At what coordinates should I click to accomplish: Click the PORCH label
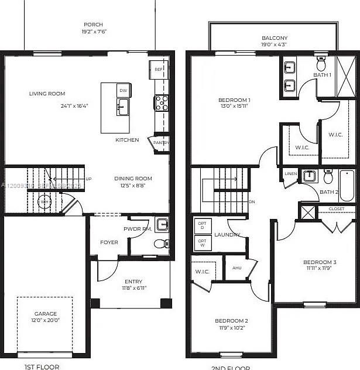(x=93, y=25)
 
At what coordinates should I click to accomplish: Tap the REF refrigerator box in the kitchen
(x=159, y=69)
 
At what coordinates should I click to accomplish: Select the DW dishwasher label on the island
(x=123, y=91)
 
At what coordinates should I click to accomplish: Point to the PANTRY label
(x=161, y=142)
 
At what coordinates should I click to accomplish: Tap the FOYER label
(x=109, y=242)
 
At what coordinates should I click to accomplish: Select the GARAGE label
(x=45, y=314)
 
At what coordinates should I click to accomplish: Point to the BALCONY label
(x=275, y=38)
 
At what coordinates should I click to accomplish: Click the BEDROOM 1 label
(x=234, y=100)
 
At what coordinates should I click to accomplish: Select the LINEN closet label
(x=291, y=174)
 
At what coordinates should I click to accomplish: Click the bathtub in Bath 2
(x=347, y=186)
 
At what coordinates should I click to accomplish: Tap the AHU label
(x=237, y=268)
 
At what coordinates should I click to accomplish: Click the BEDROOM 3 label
(x=320, y=262)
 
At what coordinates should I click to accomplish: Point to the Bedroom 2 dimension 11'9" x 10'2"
(x=231, y=328)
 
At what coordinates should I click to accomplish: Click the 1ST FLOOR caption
(x=41, y=366)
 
